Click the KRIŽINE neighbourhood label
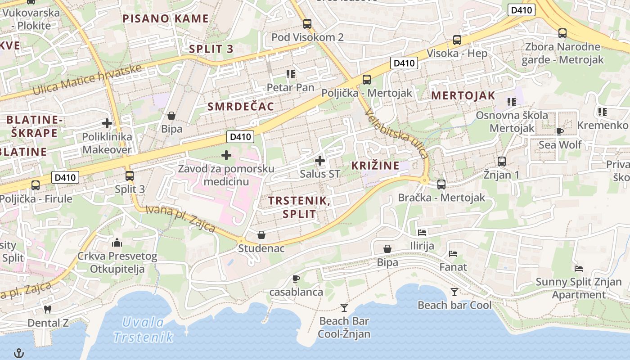tap(375, 165)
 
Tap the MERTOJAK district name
tap(463, 95)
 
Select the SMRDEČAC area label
tap(241, 107)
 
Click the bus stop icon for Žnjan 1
tap(501, 161)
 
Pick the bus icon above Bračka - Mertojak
tap(441, 184)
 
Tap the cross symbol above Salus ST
tap(320, 160)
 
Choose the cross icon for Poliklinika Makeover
tap(107, 123)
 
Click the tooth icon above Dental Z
tap(48, 309)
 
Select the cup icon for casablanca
tap(296, 279)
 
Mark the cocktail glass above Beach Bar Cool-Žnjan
tap(344, 308)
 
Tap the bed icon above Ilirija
tap(422, 232)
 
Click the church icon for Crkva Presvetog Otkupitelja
tap(117, 243)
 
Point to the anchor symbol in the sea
tap(19, 353)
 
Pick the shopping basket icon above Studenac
tap(261, 234)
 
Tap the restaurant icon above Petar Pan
tap(290, 74)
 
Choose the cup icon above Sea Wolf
tap(560, 131)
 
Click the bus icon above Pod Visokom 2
tap(307, 23)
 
